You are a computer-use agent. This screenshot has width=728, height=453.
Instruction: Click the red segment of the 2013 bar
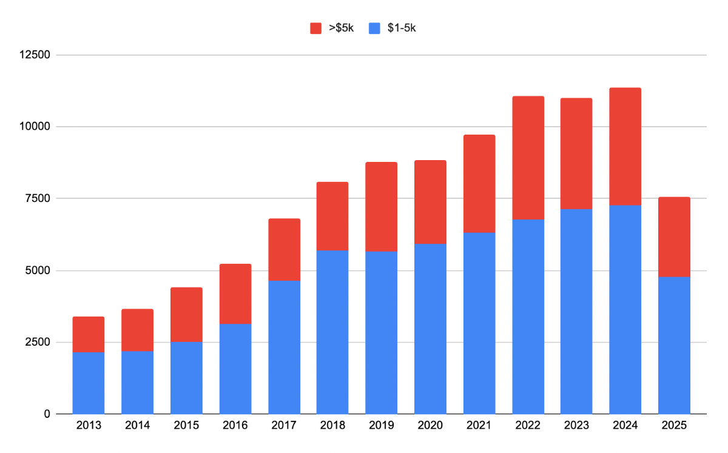(89, 334)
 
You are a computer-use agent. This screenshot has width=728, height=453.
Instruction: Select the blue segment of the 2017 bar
(284, 347)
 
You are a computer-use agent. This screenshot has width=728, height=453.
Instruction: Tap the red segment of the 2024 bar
(625, 147)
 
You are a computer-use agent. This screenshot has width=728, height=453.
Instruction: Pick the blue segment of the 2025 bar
(674, 346)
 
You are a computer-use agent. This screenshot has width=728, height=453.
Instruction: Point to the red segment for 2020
(430, 202)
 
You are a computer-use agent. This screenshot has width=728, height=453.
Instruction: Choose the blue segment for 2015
(186, 378)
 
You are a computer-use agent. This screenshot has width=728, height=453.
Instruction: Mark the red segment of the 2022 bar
(528, 158)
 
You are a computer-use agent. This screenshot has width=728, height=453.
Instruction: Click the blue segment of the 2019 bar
(381, 333)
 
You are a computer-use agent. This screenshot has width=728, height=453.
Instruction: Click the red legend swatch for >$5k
(315, 29)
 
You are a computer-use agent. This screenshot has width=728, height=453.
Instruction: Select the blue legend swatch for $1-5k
(374, 29)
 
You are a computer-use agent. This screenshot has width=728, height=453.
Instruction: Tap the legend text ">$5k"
(341, 29)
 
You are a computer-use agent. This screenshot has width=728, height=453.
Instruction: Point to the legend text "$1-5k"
(402, 29)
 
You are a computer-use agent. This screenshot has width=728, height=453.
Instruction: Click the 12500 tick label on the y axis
(35, 55)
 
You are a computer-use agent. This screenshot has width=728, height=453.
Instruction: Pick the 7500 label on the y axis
(38, 198)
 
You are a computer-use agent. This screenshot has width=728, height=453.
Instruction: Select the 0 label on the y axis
(47, 414)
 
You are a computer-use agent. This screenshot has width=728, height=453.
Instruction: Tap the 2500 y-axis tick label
(38, 342)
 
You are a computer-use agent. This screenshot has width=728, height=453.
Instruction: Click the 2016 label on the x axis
(235, 425)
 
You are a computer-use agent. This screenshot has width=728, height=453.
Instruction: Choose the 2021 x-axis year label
(479, 425)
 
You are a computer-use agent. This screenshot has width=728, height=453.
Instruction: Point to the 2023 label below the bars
(576, 425)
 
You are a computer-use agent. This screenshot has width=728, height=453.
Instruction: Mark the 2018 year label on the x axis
(332, 425)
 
